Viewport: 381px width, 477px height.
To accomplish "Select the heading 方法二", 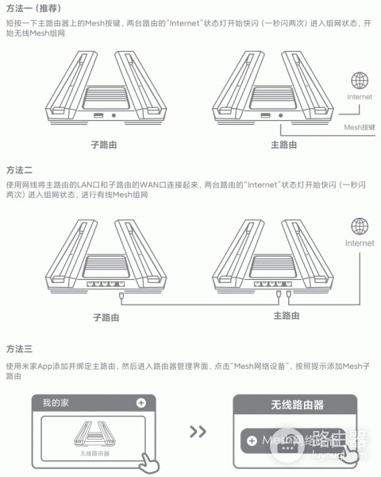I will click(x=19, y=170).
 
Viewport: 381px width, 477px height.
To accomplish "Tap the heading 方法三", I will click(x=19, y=349).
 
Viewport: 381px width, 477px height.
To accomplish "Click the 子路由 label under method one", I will click(x=105, y=145).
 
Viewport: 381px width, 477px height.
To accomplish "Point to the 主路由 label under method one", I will click(x=283, y=145).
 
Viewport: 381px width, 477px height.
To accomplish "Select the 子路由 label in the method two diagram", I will click(x=105, y=316).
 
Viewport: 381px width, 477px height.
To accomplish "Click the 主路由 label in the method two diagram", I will click(x=286, y=316).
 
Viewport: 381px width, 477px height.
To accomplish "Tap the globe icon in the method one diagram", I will click(x=360, y=80).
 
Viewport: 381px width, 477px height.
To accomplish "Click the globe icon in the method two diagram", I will click(x=360, y=227).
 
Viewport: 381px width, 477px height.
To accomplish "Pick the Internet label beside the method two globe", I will click(x=360, y=243).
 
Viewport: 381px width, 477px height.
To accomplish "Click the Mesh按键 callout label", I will click(x=360, y=126).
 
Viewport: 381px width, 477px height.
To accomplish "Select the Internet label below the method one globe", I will click(x=360, y=97).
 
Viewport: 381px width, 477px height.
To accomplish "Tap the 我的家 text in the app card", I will click(x=56, y=403).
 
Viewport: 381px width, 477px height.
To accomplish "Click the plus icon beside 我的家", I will click(x=140, y=403).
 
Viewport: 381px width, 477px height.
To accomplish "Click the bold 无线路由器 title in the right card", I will click(x=297, y=405).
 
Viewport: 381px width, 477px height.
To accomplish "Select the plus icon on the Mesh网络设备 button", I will click(x=252, y=440).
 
